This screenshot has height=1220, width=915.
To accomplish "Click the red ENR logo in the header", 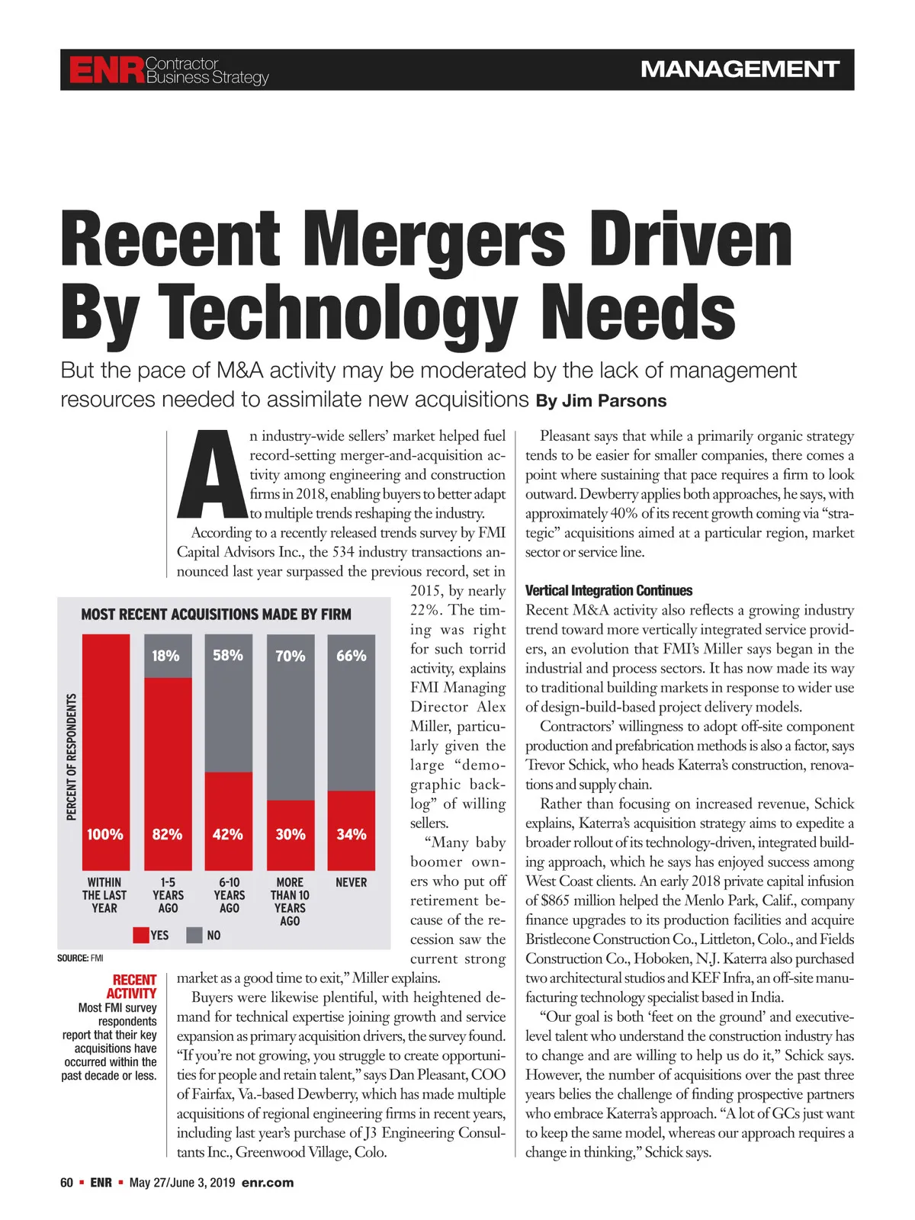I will tap(106, 70).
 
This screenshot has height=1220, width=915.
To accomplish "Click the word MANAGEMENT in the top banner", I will tap(740, 69).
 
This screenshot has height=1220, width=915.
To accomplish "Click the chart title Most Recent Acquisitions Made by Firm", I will tap(216, 615).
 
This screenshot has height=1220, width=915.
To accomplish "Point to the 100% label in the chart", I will tap(105, 834).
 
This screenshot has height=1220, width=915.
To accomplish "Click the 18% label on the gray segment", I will tap(165, 656).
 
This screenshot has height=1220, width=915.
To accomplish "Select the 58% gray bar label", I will tap(228, 655).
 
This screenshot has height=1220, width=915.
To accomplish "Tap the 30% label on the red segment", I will tap(290, 834).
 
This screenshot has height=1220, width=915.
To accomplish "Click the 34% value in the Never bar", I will tap(352, 834).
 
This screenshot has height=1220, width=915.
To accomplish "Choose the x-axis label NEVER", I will tap(352, 882).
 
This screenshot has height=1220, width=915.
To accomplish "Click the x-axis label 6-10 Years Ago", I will tap(229, 895).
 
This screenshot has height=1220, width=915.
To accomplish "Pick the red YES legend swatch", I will tap(141, 935).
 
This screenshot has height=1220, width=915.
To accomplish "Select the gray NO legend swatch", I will tap(194, 935).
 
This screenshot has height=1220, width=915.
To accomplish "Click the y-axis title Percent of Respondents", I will tap(72, 756).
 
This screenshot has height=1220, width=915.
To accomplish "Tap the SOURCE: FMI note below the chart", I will tap(80, 958).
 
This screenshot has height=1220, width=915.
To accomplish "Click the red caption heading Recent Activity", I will tap(133, 987).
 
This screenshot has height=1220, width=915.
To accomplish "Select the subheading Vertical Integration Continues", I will tap(608, 591).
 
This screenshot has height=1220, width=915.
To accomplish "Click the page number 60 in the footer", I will tap(67, 1183).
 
